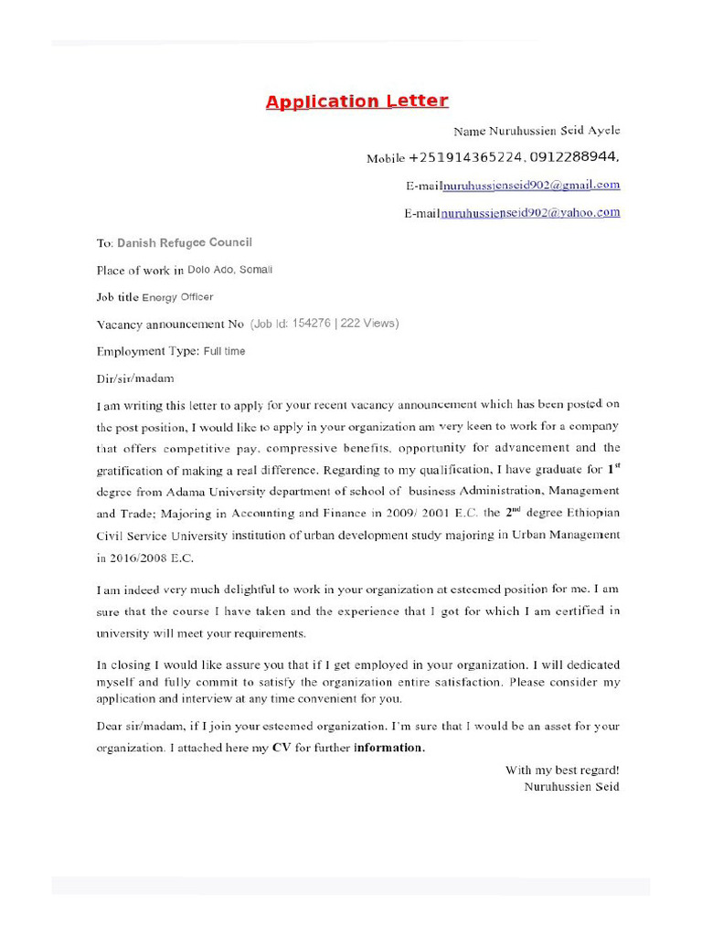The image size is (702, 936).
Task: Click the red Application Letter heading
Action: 356,101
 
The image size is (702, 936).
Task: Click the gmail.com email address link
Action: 531,185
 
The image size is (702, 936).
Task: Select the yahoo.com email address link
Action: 530,213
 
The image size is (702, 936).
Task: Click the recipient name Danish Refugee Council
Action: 184,243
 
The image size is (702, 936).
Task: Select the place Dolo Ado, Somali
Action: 229,270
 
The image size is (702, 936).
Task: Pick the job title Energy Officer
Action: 177,297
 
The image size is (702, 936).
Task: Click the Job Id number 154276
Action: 309,324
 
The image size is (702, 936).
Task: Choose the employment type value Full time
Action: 224,351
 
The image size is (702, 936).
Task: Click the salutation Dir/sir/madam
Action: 134,378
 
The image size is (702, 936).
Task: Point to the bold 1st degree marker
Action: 614,469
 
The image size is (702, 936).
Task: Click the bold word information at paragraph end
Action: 389,748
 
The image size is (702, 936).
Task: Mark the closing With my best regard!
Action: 562,771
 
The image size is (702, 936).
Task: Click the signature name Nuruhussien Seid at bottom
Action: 571,786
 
